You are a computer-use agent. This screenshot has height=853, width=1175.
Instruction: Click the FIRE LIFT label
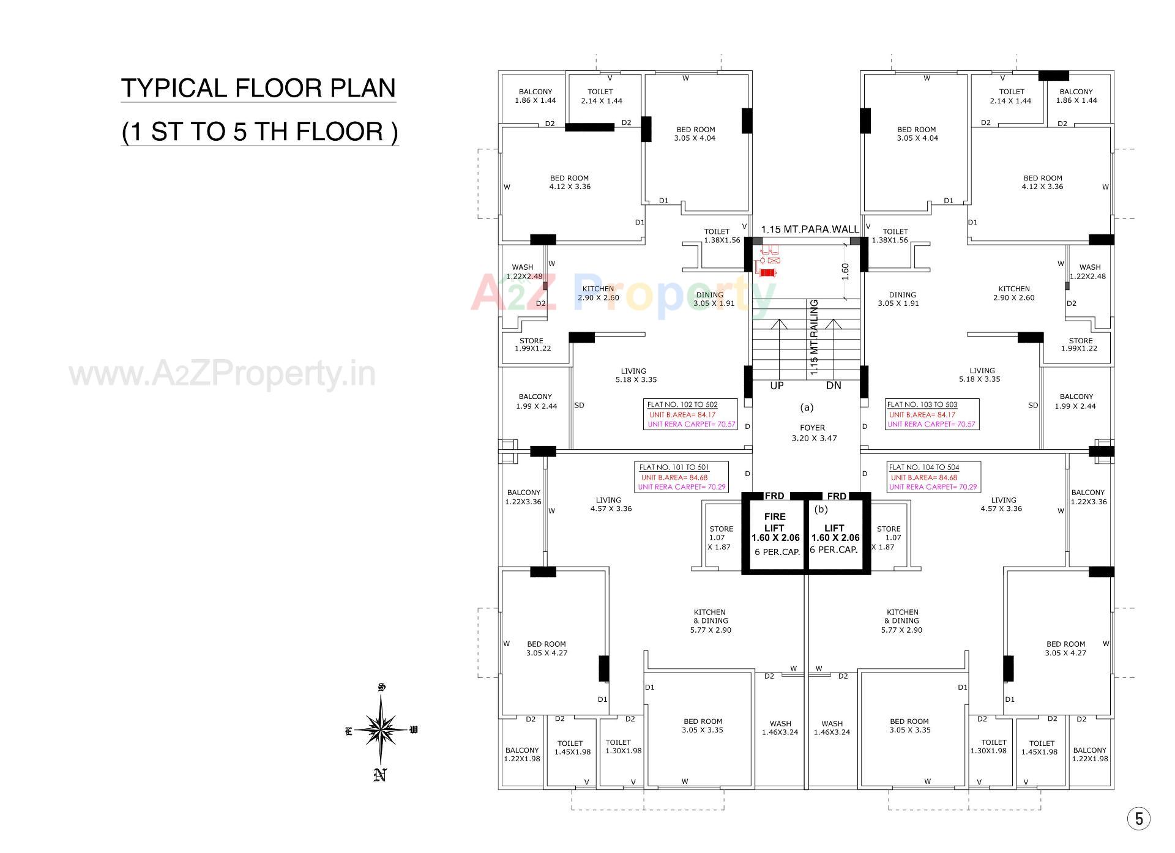pyautogui.click(x=774, y=522)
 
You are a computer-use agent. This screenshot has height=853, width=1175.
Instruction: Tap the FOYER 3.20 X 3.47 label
pyautogui.click(x=813, y=433)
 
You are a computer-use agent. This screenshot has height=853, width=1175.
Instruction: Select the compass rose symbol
pyautogui.click(x=381, y=729)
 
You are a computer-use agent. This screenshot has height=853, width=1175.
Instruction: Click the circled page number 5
pyautogui.click(x=1138, y=819)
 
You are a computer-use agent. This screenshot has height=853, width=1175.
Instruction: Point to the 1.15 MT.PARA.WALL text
pyautogui.click(x=809, y=229)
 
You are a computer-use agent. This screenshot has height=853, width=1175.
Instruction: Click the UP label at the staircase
pyautogui.click(x=777, y=386)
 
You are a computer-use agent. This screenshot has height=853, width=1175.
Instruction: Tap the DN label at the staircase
pyautogui.click(x=834, y=386)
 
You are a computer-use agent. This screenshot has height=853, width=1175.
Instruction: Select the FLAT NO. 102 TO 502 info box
pyautogui.click(x=690, y=414)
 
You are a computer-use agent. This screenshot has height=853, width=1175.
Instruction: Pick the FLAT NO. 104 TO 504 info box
pyautogui.click(x=933, y=477)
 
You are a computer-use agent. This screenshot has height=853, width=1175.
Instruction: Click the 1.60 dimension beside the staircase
pyautogui.click(x=845, y=271)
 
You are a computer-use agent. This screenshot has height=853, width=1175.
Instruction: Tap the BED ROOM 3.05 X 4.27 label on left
pyautogui.click(x=546, y=648)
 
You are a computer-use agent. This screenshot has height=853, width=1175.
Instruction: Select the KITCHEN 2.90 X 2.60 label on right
pyautogui.click(x=1013, y=293)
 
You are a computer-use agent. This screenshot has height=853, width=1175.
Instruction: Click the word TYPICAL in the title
pyautogui.click(x=174, y=88)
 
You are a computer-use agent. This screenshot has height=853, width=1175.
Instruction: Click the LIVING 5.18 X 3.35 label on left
pyautogui.click(x=634, y=375)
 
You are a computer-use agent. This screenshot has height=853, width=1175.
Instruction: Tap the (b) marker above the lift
pyautogui.click(x=821, y=508)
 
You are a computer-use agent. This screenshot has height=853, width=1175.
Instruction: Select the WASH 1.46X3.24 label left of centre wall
pyautogui.click(x=780, y=728)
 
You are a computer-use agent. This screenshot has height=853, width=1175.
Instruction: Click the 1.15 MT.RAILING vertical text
pyautogui.click(x=814, y=337)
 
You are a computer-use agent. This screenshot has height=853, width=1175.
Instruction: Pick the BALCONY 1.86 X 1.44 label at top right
pyautogui.click(x=1076, y=96)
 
